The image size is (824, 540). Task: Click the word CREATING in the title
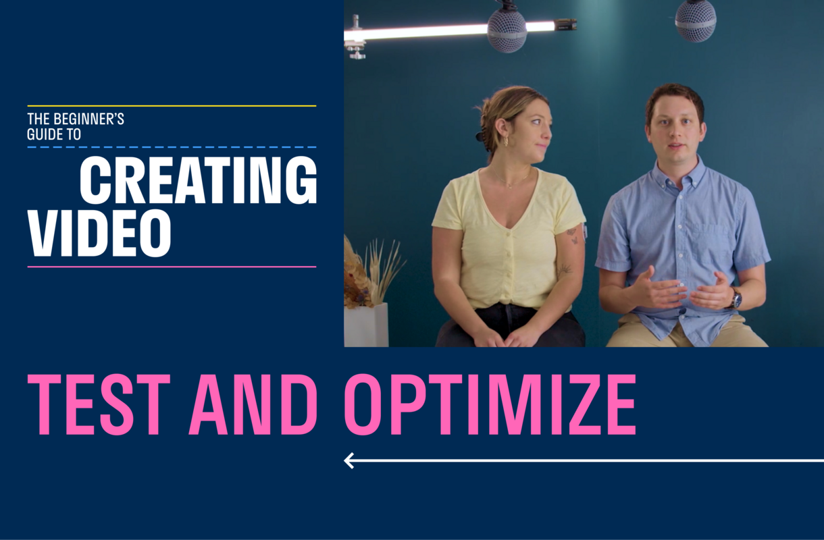(198, 180)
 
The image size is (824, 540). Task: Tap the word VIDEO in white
(99, 233)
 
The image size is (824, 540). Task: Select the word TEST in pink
(98, 404)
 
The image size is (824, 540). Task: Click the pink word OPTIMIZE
(490, 404)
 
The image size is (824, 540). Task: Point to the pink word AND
(253, 404)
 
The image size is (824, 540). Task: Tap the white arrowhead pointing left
(349, 460)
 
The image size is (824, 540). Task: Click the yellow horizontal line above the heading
(172, 106)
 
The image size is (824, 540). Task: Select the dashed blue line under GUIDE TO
(172, 146)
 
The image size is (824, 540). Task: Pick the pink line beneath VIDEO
(172, 267)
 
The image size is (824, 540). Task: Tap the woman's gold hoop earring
(503, 142)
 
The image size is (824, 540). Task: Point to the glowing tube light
(432, 31)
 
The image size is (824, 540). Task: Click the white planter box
(366, 325)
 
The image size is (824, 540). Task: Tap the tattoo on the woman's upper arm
(573, 234)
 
